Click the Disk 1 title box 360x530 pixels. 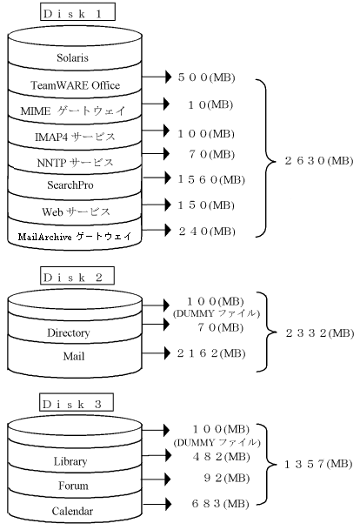click(x=77, y=12)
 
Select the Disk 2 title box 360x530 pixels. click(x=77, y=276)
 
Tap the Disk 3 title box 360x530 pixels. click(x=77, y=402)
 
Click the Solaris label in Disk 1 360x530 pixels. click(x=72, y=57)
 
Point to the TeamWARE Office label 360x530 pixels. click(x=76, y=85)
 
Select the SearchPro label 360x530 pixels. click(x=70, y=184)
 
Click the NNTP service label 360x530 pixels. click(x=75, y=163)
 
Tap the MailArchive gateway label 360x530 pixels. click(x=74, y=236)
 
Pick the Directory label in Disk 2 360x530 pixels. click(x=69, y=333)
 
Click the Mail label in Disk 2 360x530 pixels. click(x=74, y=356)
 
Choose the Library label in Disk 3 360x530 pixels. click(x=70, y=461)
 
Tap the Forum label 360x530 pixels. click(x=73, y=486)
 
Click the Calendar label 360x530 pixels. click(x=72, y=511)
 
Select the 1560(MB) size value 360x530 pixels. click(x=211, y=179)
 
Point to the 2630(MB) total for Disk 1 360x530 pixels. click(x=319, y=160)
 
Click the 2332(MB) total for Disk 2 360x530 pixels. click(x=320, y=333)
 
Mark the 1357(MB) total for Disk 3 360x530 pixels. click(x=318, y=464)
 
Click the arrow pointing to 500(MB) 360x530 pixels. click(x=157, y=77)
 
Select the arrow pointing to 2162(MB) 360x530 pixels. click(x=157, y=353)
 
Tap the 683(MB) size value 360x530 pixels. click(x=221, y=504)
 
